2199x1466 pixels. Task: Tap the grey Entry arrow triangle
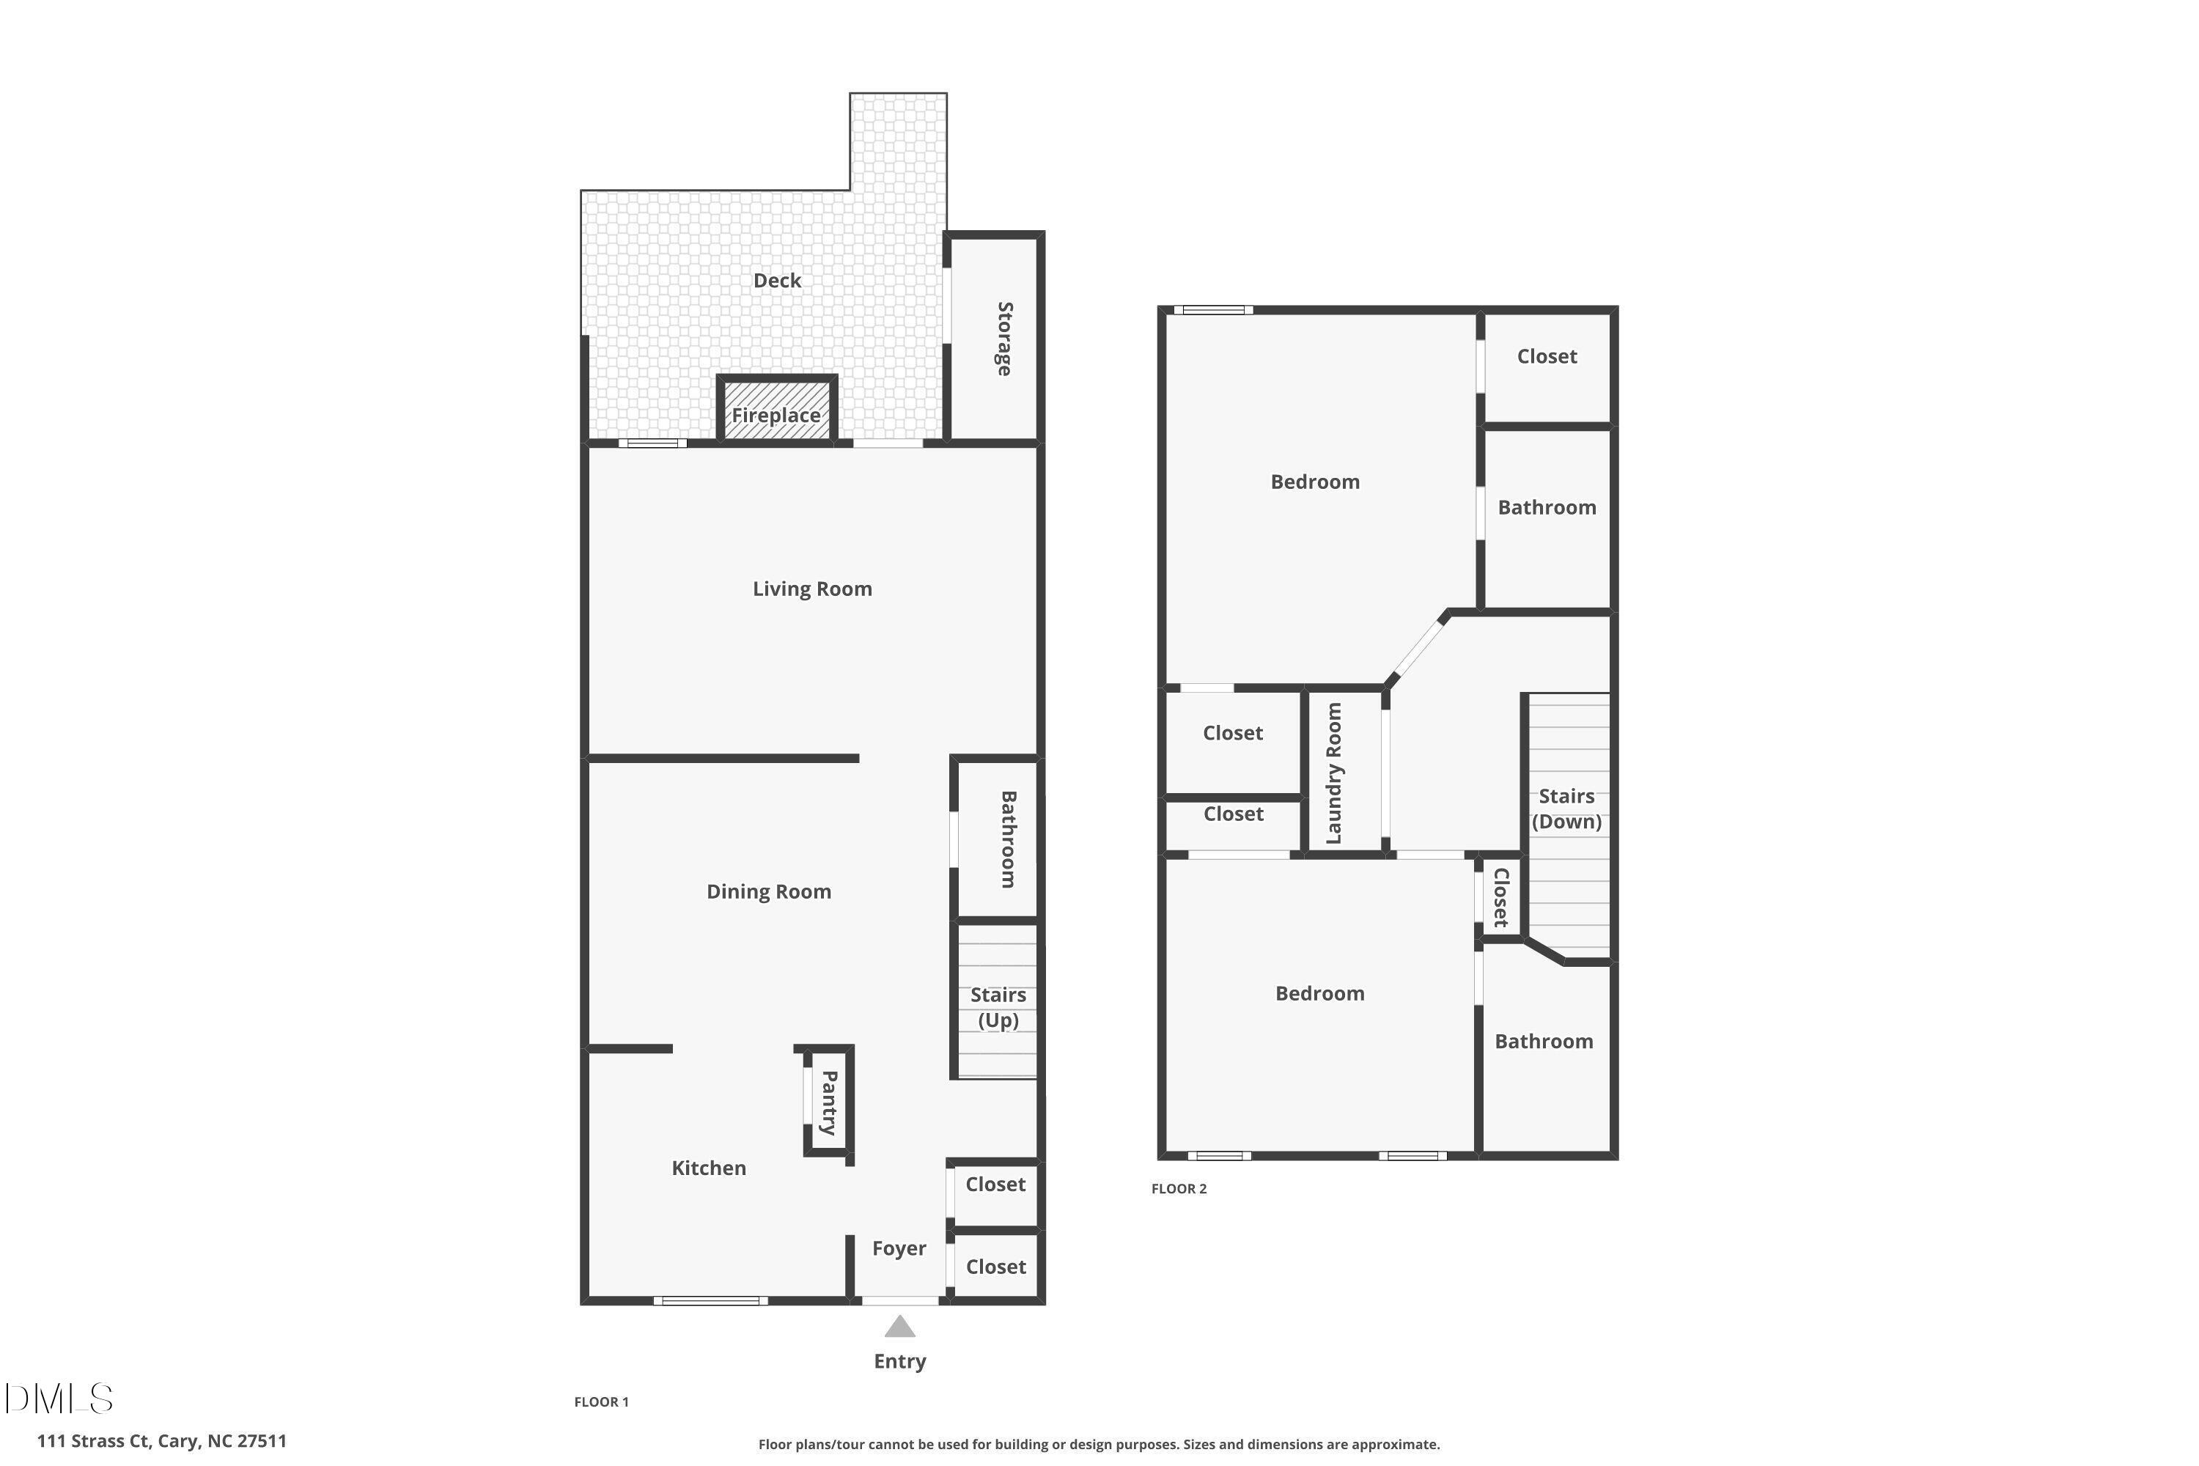(x=899, y=1327)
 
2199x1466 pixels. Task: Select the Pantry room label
(x=829, y=1102)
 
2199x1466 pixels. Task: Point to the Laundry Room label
(x=1334, y=773)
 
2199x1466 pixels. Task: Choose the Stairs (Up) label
(x=998, y=1007)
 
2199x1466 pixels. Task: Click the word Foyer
(x=899, y=1248)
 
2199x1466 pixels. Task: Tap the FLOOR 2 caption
(x=1178, y=1188)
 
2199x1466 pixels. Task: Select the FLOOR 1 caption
(x=601, y=1401)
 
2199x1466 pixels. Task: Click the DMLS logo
(x=59, y=1399)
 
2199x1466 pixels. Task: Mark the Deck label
(x=777, y=281)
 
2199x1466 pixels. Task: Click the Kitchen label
(x=709, y=1168)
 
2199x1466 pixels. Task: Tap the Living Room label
(x=811, y=589)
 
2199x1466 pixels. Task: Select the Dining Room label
(x=768, y=892)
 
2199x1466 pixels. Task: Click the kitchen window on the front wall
(x=710, y=1300)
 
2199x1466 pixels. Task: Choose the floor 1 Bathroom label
(x=1009, y=839)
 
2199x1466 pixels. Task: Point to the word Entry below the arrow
(x=899, y=1361)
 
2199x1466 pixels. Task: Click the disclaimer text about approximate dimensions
(x=1099, y=1445)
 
